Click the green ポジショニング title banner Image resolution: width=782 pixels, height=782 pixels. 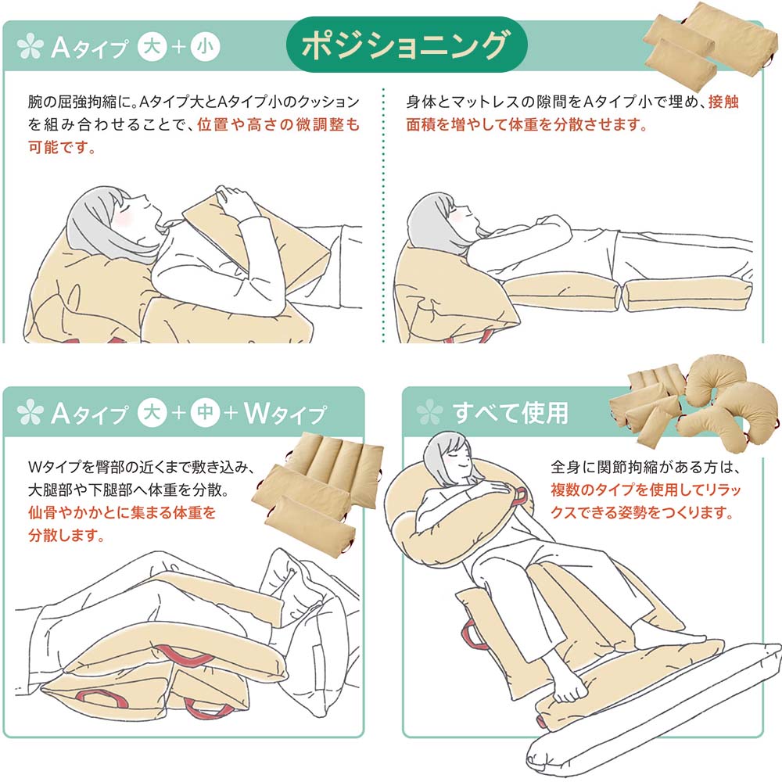tap(407, 45)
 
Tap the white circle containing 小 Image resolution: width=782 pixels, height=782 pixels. tap(205, 47)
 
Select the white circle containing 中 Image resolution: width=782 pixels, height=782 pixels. tap(205, 412)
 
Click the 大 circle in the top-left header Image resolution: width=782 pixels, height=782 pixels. tap(152, 47)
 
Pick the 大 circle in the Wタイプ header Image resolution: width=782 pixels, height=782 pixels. tap(152, 412)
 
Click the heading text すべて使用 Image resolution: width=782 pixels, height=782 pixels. tap(510, 412)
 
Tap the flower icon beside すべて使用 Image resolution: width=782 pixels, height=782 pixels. tap(429, 412)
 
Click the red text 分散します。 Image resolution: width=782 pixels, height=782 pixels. tap(66, 535)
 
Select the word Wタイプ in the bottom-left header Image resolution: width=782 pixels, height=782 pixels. tap(285, 414)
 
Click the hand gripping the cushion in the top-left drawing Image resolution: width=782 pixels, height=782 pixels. tap(235, 199)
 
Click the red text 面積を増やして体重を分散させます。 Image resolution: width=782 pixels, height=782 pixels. tap(526, 124)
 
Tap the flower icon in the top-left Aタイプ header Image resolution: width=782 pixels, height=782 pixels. tap(30, 46)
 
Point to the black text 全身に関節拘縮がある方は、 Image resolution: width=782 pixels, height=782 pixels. tap(645, 468)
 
